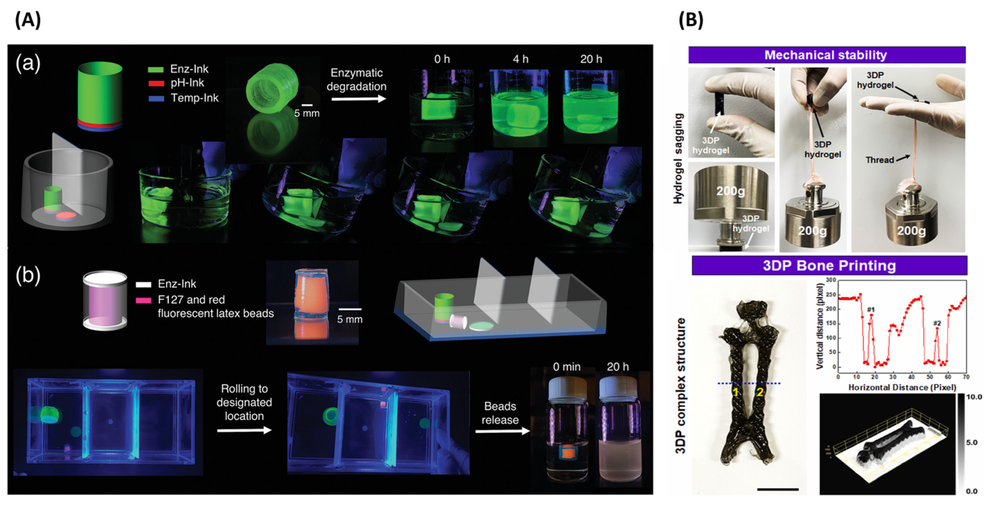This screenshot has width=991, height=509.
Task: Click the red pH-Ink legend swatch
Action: pyautogui.click(x=156, y=83)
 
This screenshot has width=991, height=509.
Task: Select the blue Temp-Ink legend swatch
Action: pyautogui.click(x=156, y=98)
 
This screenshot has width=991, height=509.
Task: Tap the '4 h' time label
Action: pyautogui.click(x=520, y=59)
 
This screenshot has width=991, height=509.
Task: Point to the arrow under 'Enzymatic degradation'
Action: pyautogui.click(x=358, y=99)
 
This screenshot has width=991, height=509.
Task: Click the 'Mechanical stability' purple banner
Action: pyautogui.click(x=826, y=55)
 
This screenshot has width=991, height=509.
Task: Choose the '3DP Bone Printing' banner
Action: pyautogui.click(x=829, y=265)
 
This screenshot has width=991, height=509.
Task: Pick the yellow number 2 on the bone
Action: pyautogui.click(x=760, y=392)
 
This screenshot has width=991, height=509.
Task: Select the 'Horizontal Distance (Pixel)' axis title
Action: pyautogui.click(x=902, y=387)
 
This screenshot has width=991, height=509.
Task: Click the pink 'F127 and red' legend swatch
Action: pyautogui.click(x=143, y=300)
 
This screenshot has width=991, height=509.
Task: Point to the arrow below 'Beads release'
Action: pyautogui.click(x=502, y=431)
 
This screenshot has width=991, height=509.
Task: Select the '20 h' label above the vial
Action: pyautogui.click(x=617, y=367)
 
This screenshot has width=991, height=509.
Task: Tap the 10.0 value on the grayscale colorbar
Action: pyautogui.click(x=974, y=397)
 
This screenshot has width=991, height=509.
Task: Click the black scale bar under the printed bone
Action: pyautogui.click(x=778, y=489)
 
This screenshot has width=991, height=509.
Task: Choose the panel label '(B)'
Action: pyautogui.click(x=690, y=20)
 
